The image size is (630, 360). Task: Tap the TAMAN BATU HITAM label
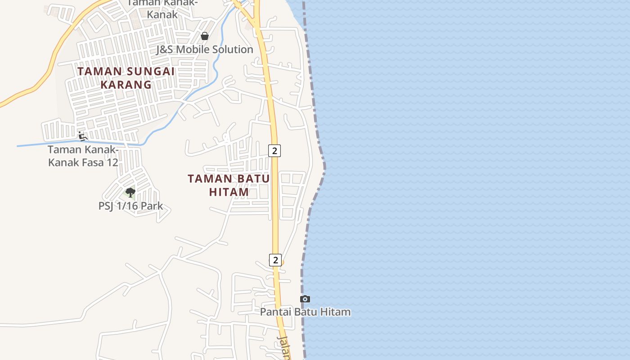point(229,185)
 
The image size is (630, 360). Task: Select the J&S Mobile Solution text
point(205,49)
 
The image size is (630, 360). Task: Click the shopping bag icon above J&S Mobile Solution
point(205,36)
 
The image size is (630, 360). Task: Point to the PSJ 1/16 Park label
point(130,207)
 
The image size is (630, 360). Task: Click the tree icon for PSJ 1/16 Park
point(130,193)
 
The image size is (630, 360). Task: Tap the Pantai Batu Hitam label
point(305,312)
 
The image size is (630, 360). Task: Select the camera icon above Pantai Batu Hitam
point(305,299)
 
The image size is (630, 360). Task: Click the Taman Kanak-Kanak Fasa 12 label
point(83,156)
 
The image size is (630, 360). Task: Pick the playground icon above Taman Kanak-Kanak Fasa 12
point(82,136)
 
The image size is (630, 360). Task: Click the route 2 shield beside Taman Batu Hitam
point(274,150)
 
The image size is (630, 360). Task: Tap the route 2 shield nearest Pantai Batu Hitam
point(275,260)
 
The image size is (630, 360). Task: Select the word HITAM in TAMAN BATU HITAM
point(229,192)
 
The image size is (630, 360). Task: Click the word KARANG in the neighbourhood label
point(126,85)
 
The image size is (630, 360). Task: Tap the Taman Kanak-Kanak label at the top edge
point(162,8)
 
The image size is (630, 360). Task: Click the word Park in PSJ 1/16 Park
point(151,207)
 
